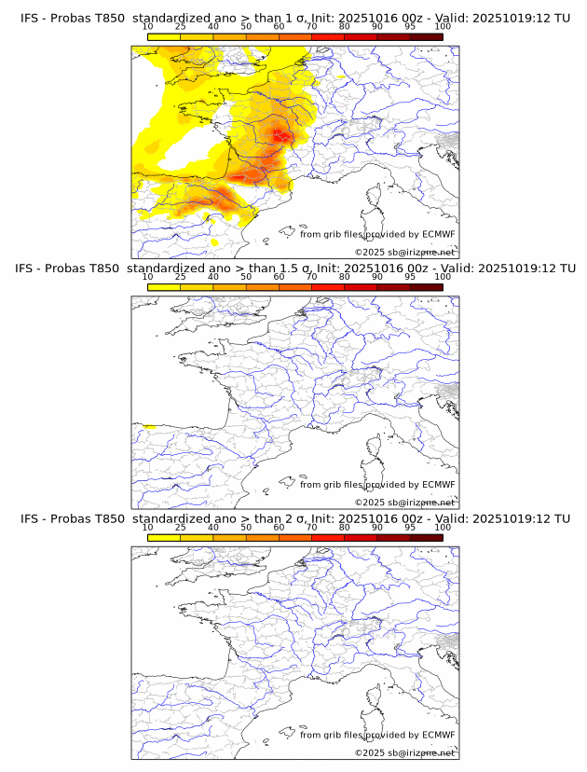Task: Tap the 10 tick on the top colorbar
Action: click(x=147, y=26)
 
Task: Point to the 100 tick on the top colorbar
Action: click(x=443, y=26)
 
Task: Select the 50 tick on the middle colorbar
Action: click(x=246, y=277)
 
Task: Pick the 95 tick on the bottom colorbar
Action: click(x=410, y=527)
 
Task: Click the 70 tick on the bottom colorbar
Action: click(x=311, y=527)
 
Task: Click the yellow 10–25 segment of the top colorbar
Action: click(x=164, y=36)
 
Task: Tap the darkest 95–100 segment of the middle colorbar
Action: click(x=426, y=287)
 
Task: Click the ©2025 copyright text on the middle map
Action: click(x=404, y=503)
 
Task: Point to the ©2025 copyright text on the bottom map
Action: click(x=404, y=752)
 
